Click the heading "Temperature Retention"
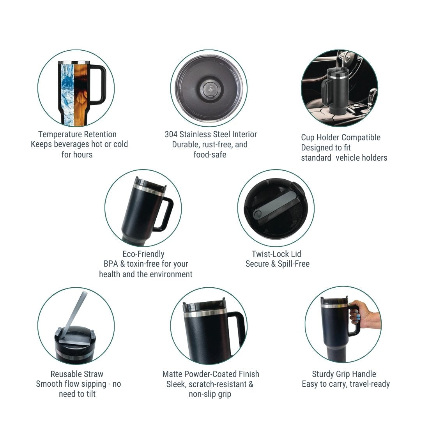point(77,134)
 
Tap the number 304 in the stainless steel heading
point(171,134)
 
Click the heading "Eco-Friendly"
point(143,254)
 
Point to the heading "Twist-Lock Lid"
point(276,254)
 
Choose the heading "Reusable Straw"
point(77,374)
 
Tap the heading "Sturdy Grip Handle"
point(344,374)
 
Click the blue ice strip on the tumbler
point(67,94)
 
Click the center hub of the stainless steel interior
point(209,88)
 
